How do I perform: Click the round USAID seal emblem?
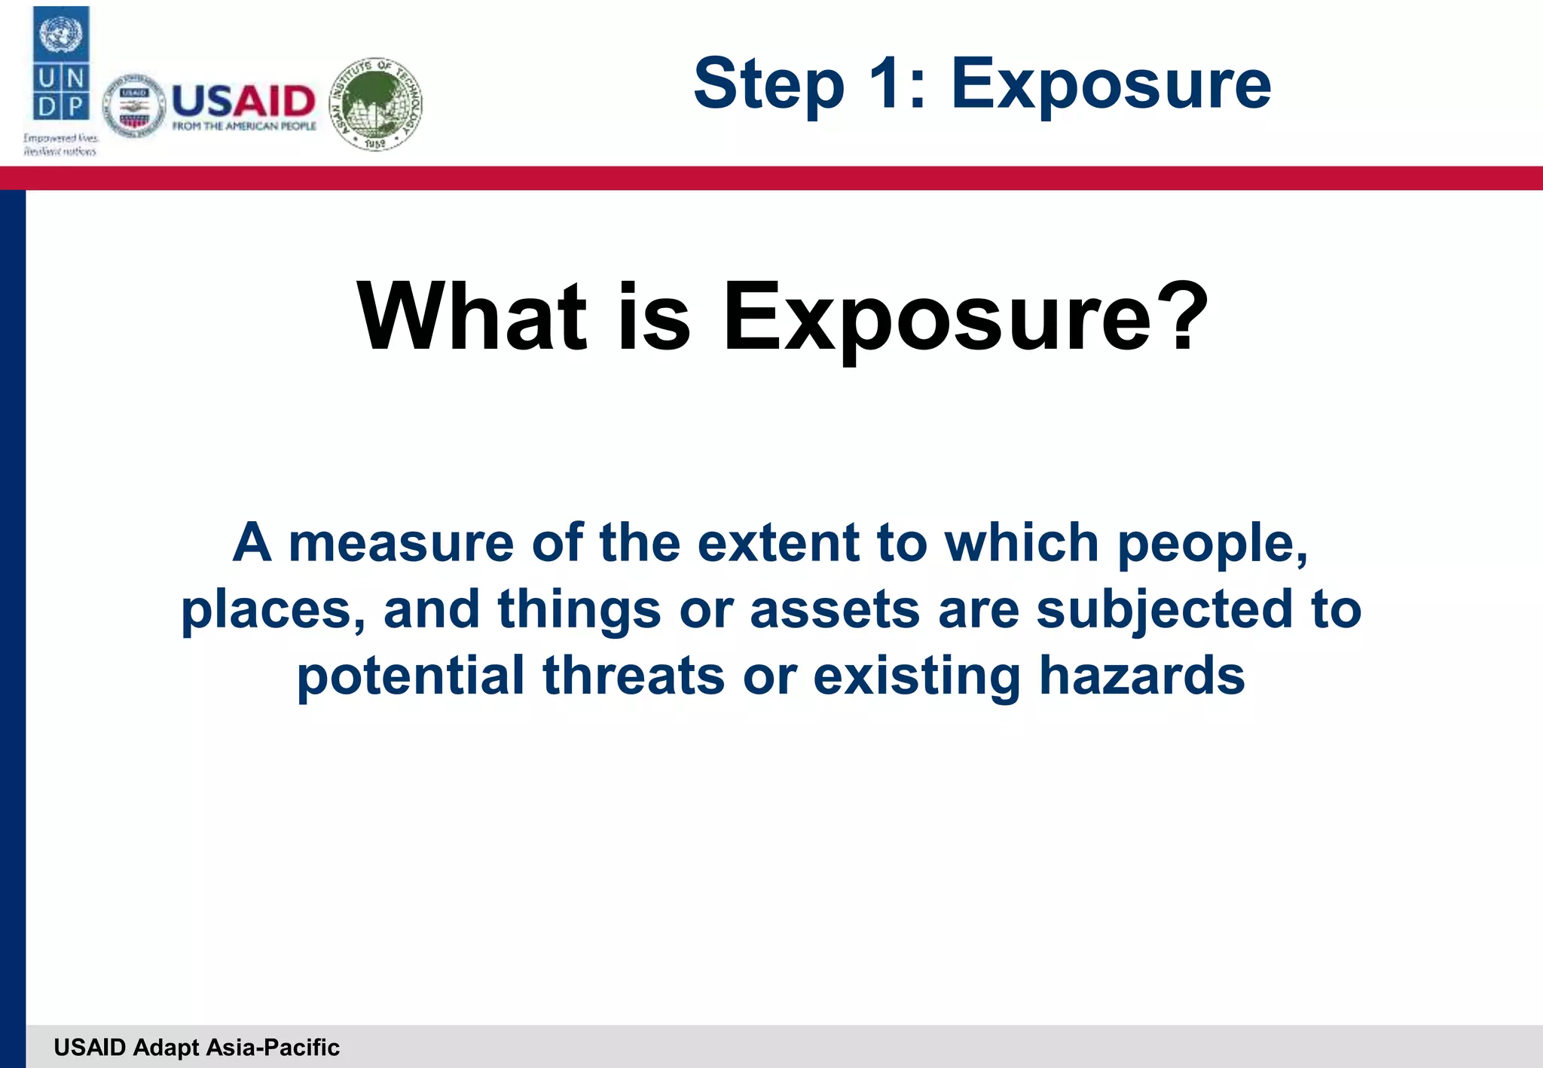[134, 106]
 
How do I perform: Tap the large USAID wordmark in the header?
[243, 100]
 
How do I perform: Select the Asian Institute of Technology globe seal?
[376, 104]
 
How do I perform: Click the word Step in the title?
[768, 85]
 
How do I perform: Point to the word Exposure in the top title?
[1111, 85]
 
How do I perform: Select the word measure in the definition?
[401, 543]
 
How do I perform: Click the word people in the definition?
[1211, 545]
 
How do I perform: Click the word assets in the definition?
[834, 609]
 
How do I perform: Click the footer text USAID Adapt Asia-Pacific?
[197, 1047]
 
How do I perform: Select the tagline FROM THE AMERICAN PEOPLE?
[244, 126]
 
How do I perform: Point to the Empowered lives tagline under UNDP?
[60, 145]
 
